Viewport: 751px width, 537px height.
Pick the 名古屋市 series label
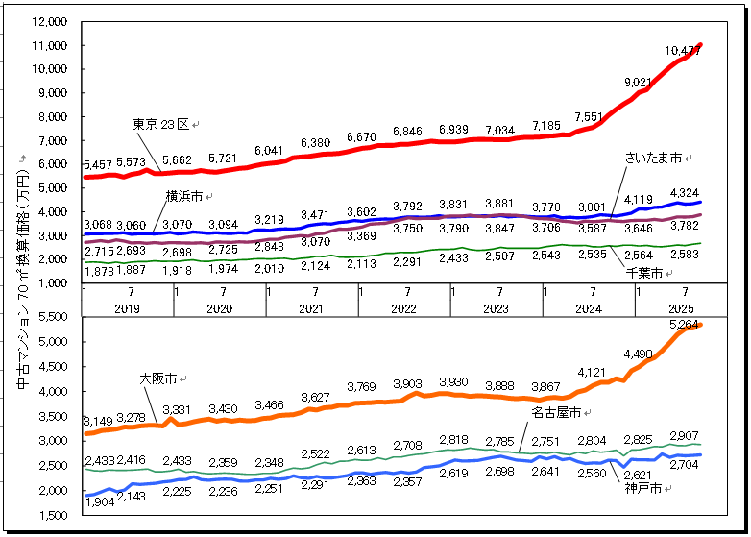(556, 413)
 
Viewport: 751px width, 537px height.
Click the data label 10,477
(682, 51)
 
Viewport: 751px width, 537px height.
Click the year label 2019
(128, 308)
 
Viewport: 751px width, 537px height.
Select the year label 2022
(403, 308)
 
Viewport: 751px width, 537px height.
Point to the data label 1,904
(100, 500)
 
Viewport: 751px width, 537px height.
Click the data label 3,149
(99, 422)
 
